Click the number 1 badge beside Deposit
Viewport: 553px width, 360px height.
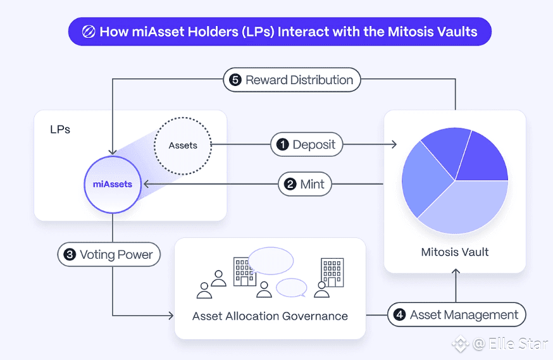pyautogui.click(x=282, y=145)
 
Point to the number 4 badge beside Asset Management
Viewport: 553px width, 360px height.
pyautogui.click(x=399, y=314)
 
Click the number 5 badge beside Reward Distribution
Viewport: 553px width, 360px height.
pyautogui.click(x=235, y=80)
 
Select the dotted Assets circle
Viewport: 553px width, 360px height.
pyautogui.click(x=183, y=146)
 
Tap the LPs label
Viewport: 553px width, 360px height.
pyautogui.click(x=60, y=130)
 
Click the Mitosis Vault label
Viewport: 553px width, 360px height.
pyautogui.click(x=455, y=252)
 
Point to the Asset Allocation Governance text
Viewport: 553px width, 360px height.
pyautogui.click(x=270, y=316)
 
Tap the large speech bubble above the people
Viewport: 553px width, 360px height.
pyautogui.click(x=271, y=261)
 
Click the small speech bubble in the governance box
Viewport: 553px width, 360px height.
pyautogui.click(x=292, y=287)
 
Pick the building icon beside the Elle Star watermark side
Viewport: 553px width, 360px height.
pyautogui.click(x=332, y=271)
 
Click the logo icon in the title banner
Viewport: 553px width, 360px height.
pyautogui.click(x=89, y=32)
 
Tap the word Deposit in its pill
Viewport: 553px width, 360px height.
pyautogui.click(x=314, y=145)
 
